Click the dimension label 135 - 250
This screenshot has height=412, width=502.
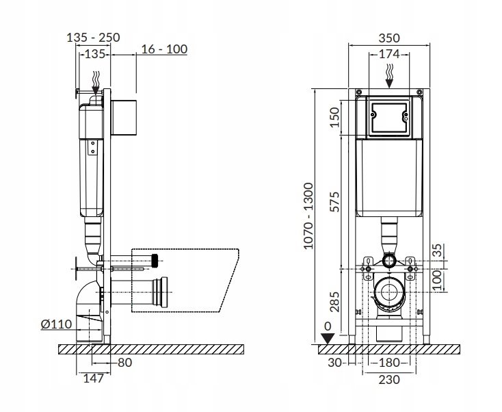(x=94, y=38)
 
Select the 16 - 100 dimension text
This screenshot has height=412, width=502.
(x=164, y=49)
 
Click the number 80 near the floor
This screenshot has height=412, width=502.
(x=124, y=363)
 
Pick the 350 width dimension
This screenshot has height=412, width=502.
(x=388, y=38)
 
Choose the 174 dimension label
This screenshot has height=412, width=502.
(x=388, y=53)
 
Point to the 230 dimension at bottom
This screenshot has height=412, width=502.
(x=388, y=378)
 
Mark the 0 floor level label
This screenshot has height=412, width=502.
(x=328, y=326)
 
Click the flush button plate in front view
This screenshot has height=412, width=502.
(x=388, y=117)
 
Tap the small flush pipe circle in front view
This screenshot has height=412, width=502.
(x=388, y=261)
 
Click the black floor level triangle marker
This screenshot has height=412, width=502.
(x=329, y=337)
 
